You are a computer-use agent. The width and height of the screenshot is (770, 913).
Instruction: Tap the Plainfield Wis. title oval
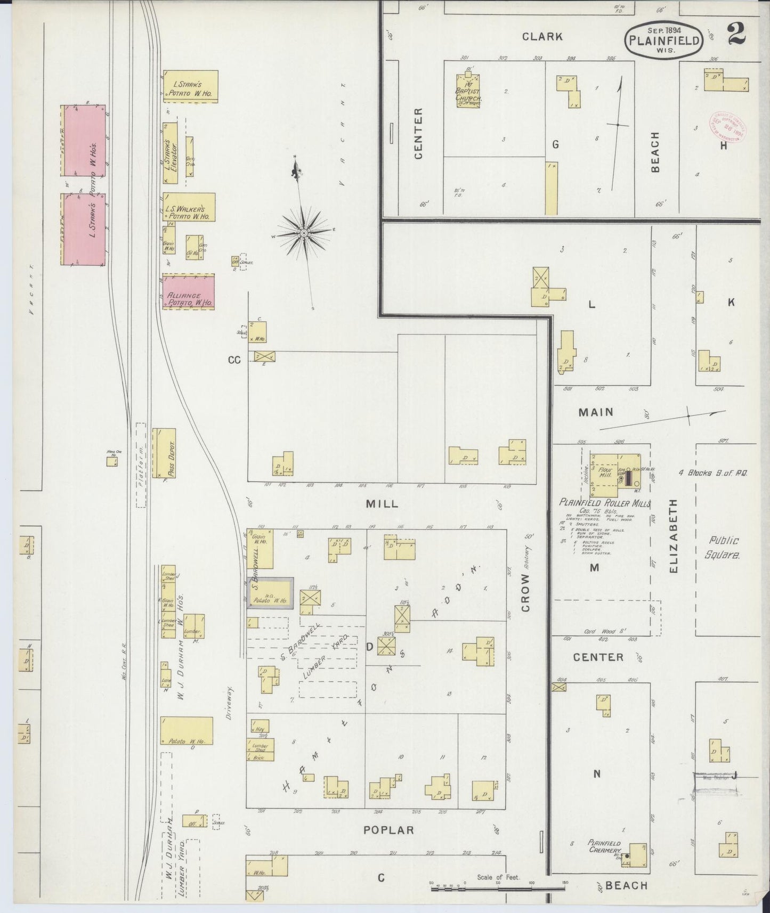tap(664, 39)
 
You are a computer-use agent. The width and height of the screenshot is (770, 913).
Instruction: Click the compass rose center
tap(303, 233)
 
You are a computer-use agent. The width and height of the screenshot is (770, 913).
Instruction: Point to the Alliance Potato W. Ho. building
tap(189, 292)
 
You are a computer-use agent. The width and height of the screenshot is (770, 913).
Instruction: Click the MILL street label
tap(382, 503)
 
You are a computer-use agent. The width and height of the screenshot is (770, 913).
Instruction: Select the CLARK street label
tap(542, 37)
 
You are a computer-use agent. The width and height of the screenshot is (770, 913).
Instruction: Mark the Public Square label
tap(723, 547)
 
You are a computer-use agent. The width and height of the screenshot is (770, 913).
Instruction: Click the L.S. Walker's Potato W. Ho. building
tap(189, 207)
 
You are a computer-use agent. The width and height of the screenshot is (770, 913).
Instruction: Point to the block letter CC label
tap(234, 360)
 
